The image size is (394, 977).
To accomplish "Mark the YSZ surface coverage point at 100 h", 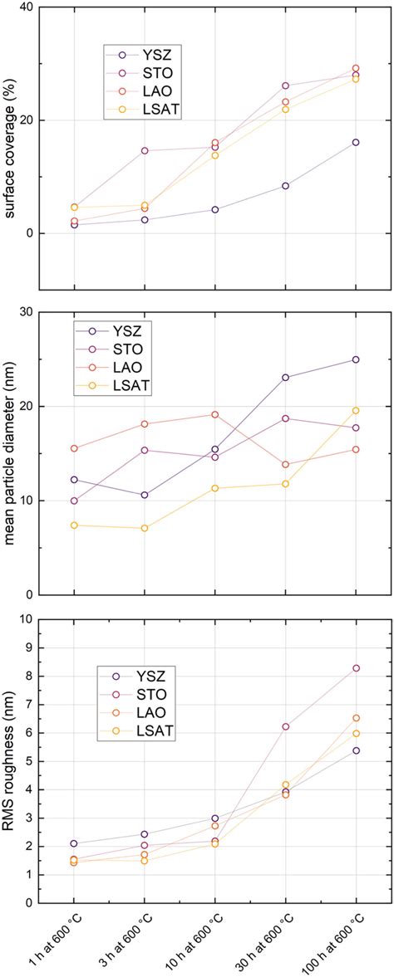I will click(356, 142).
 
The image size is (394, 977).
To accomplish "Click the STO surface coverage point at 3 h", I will click(145, 150).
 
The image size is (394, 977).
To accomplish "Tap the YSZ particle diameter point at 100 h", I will click(356, 359).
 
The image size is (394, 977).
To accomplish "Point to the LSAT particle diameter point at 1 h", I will click(74, 525).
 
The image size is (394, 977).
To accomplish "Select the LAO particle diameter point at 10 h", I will click(215, 414).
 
